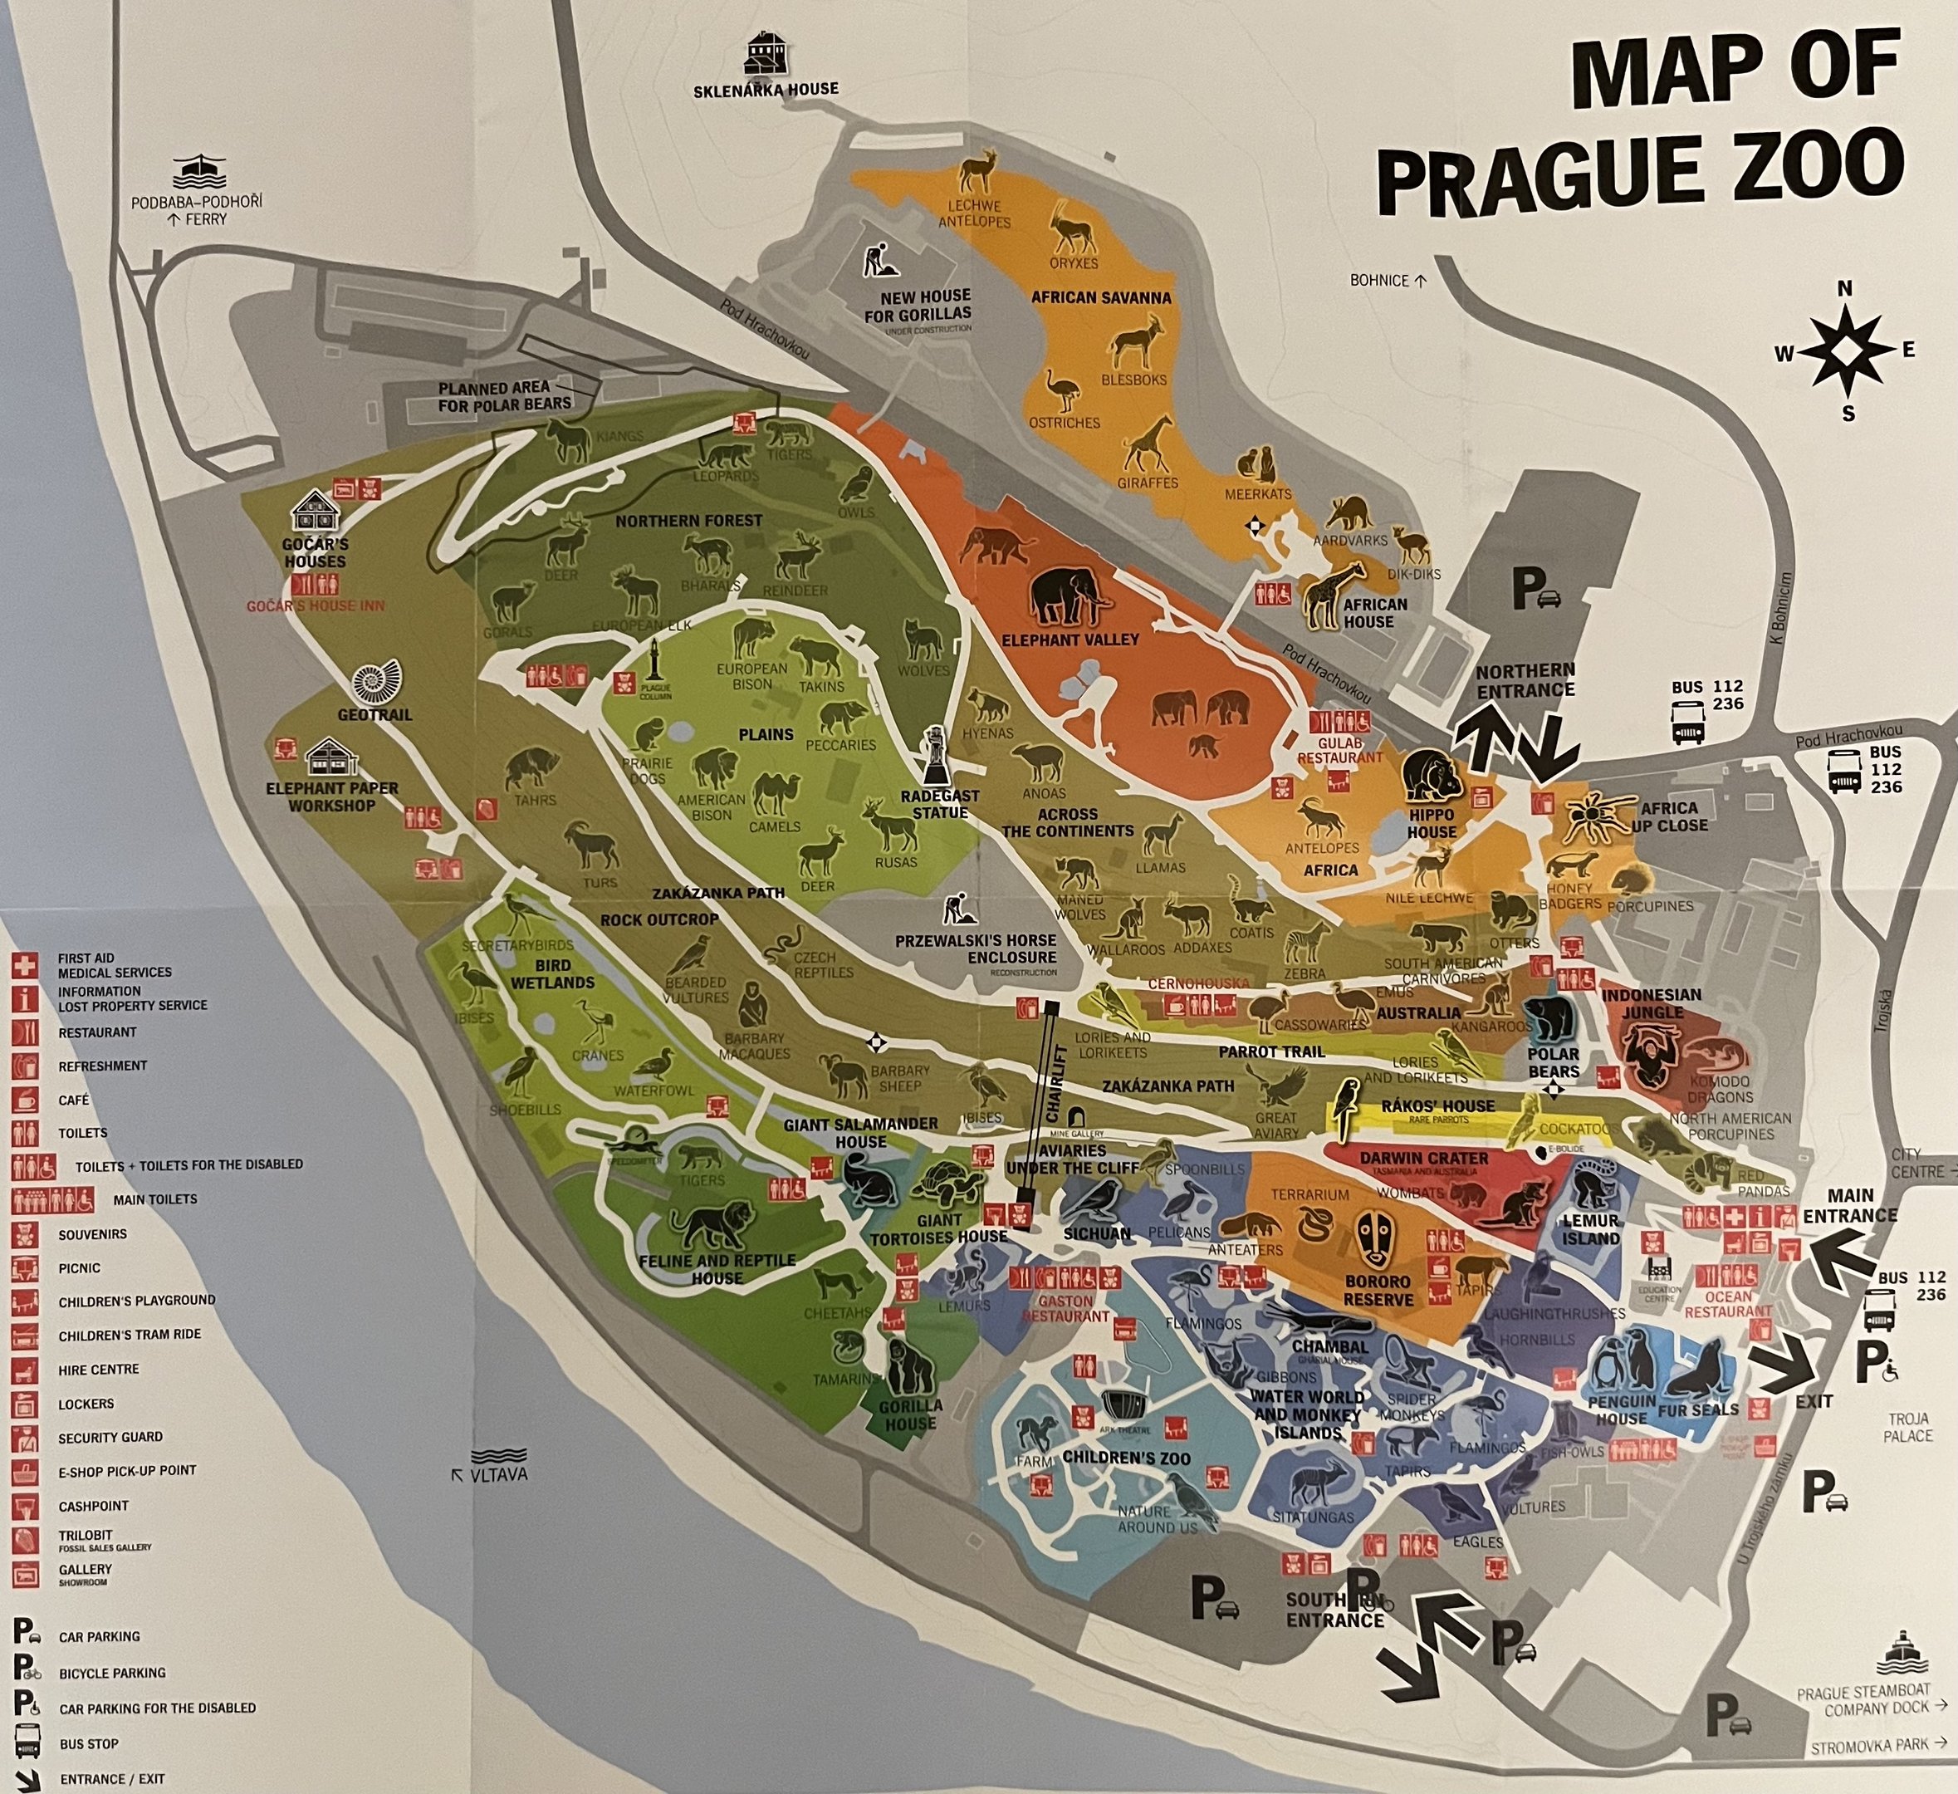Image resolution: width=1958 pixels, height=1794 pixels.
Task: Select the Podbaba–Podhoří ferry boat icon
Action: click(200, 172)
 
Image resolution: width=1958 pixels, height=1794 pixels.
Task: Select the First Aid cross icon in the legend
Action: click(25, 964)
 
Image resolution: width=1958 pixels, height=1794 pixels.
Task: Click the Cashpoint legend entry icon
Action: click(25, 1506)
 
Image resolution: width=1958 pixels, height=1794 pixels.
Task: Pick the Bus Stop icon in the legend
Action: click(27, 1743)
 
